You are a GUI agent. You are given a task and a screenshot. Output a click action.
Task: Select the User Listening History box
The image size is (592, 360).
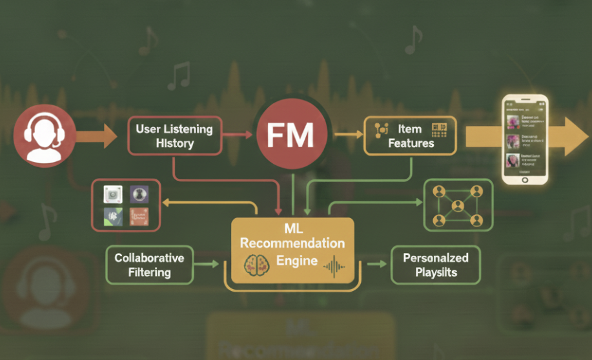174,136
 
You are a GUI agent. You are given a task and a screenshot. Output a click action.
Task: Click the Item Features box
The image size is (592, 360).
410,135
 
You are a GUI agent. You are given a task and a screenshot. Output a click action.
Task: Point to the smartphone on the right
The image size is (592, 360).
525,139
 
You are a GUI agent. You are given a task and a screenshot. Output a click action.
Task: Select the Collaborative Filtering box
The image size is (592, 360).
148,265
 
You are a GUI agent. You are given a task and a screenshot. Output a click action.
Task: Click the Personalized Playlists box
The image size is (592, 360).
435,265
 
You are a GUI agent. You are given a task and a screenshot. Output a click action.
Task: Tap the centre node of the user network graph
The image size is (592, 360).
458,206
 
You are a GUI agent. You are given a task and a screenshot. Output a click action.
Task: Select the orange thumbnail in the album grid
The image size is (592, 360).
139,216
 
